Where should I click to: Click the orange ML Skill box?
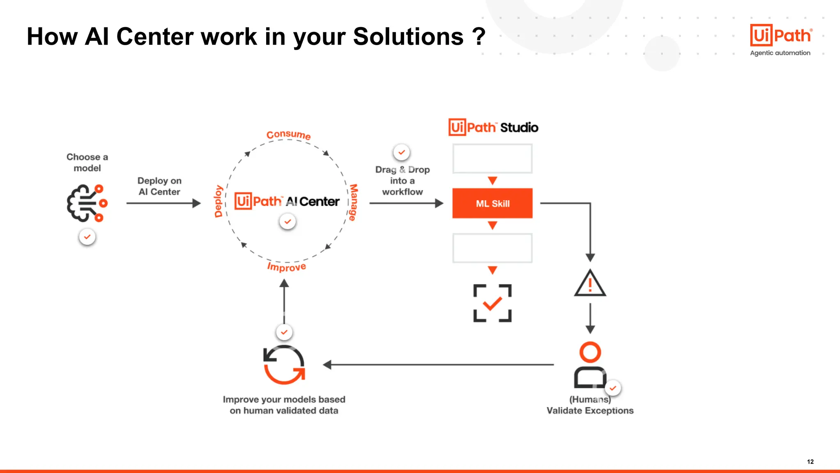coord(492,203)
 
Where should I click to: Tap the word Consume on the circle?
coord(288,135)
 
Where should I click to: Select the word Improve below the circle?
coord(286,267)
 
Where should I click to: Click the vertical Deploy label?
coord(219,201)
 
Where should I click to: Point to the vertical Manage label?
coord(353,202)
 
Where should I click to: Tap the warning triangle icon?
coord(590,283)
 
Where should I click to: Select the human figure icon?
coord(590,365)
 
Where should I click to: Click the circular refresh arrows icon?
coord(284,365)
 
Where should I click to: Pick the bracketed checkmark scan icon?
coord(492,303)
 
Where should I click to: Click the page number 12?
coord(810,462)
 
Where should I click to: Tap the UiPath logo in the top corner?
coord(781,36)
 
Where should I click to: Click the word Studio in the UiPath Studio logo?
coord(519,128)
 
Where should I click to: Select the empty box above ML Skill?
coord(492,158)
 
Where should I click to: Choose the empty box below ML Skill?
coord(492,248)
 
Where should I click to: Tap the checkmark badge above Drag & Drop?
coord(402,152)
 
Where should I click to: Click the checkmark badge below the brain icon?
coord(87,237)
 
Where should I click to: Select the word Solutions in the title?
coord(408,37)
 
